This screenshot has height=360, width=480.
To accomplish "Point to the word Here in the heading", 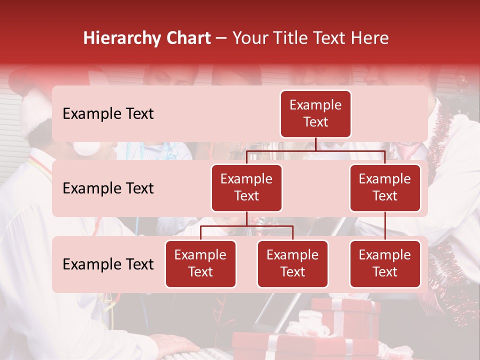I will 369,38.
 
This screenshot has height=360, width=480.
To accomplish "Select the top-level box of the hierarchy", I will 315,114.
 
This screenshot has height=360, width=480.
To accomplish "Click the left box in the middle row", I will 246,188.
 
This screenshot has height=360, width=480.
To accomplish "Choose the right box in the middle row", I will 385,188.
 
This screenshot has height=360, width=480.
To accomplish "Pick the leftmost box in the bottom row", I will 200,264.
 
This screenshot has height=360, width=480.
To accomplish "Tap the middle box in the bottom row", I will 292,264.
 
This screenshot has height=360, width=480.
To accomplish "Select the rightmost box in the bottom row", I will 385,264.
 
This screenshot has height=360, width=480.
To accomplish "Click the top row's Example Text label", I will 108,114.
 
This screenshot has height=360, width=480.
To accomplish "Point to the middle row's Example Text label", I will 108,188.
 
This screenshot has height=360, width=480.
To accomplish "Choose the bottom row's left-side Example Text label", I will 108,264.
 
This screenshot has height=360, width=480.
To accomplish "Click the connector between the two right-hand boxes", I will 385,226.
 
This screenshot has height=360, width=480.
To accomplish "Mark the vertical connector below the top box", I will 315,144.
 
